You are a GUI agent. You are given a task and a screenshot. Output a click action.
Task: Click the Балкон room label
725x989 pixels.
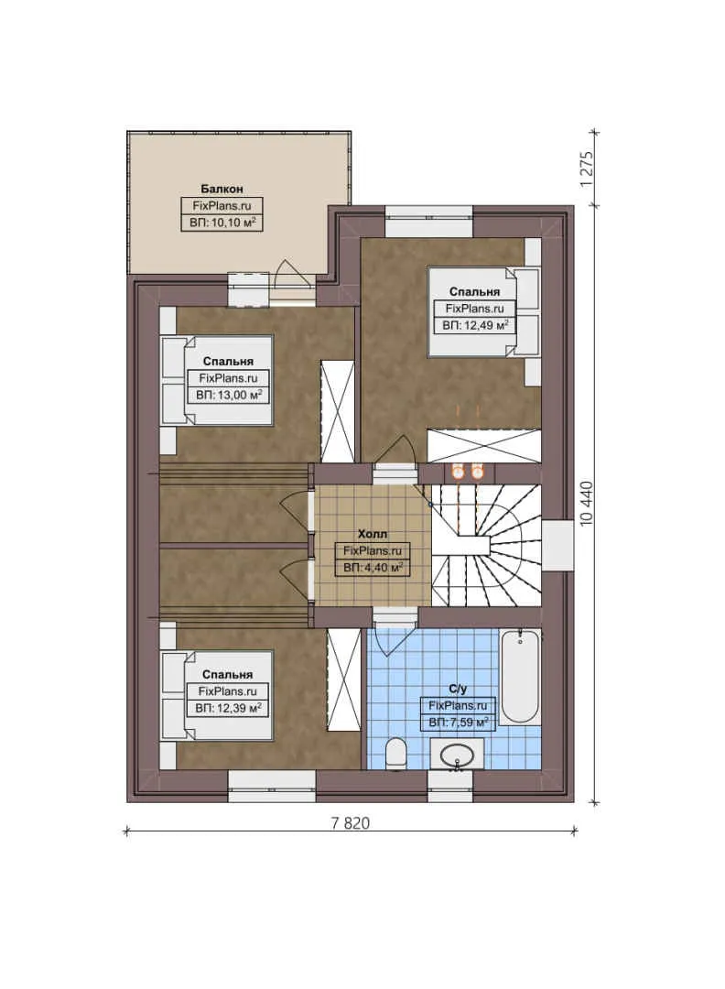tap(222, 189)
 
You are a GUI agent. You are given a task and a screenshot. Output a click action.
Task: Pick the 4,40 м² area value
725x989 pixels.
tap(373, 568)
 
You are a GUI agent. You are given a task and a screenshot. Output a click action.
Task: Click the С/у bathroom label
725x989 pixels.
tap(458, 688)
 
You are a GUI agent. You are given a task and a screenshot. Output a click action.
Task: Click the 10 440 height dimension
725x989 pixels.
tap(588, 503)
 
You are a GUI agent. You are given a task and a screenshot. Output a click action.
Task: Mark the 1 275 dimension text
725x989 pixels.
tap(588, 168)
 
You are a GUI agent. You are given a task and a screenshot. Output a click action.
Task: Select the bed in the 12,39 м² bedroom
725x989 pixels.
tap(218, 696)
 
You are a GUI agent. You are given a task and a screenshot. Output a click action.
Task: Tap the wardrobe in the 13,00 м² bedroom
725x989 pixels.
tap(337, 412)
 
